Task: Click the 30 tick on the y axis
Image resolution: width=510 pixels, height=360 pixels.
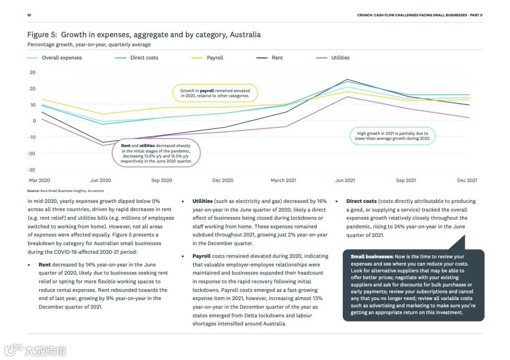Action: pyautogui.click(x=33, y=72)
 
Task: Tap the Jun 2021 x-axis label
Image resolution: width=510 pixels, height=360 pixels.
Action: pyautogui.click(x=345, y=180)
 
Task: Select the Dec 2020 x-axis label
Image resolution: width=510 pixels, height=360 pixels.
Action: pyautogui.click(x=223, y=180)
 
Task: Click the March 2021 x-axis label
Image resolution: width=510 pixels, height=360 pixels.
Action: pyautogui.click(x=283, y=180)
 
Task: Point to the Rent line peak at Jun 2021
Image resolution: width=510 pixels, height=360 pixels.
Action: pyautogui.click(x=347, y=79)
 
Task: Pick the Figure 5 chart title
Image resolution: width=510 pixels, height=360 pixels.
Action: pyautogui.click(x=144, y=34)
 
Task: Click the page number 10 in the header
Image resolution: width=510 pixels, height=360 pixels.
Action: pyautogui.click(x=29, y=15)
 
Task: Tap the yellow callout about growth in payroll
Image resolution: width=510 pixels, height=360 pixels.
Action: pyautogui.click(x=215, y=93)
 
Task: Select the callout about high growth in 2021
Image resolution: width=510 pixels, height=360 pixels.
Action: pyautogui.click(x=392, y=136)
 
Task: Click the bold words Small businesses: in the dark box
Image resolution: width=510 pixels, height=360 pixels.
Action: pyautogui.click(x=372, y=257)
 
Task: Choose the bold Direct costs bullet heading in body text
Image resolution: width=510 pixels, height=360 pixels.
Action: pyautogui.click(x=361, y=201)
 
